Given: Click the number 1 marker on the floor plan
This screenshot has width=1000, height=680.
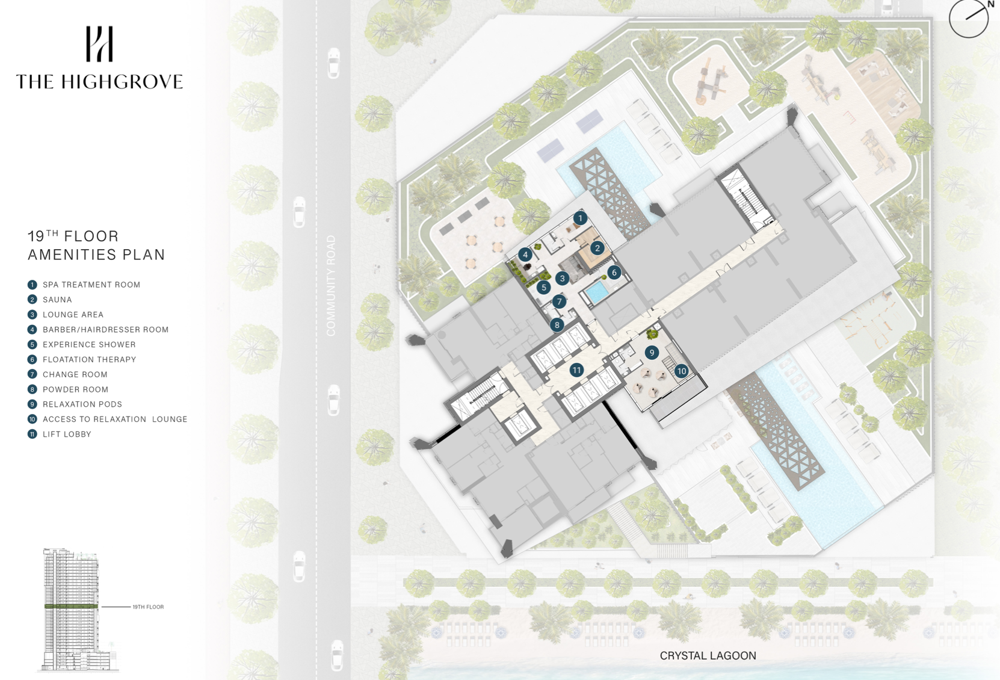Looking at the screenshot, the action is click(x=580, y=218).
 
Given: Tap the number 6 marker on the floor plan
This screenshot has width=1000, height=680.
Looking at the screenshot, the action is click(x=614, y=273).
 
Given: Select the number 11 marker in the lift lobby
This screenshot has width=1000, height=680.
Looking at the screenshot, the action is click(x=576, y=370).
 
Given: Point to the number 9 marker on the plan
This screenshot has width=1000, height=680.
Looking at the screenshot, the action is click(x=652, y=353).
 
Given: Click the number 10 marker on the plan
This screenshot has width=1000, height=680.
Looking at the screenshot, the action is click(x=681, y=371).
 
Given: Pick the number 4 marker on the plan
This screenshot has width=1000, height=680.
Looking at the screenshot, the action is click(x=525, y=255).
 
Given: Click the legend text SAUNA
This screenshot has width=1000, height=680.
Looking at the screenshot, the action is click(x=57, y=300).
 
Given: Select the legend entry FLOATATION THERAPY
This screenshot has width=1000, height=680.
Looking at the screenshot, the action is click(x=89, y=359).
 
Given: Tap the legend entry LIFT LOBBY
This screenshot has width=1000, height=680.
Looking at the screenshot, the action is click(x=67, y=434).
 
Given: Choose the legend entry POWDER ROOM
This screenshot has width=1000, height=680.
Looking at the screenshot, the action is click(x=75, y=389).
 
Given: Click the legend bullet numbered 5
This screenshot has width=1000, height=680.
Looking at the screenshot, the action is click(x=32, y=344).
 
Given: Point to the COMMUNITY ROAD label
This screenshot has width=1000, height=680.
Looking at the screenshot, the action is click(x=331, y=286).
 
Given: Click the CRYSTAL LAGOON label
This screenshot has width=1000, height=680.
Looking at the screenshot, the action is click(x=708, y=655).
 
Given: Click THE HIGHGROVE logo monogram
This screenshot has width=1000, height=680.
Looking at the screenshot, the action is click(x=99, y=44).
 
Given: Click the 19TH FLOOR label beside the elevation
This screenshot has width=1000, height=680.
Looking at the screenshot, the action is click(x=148, y=607).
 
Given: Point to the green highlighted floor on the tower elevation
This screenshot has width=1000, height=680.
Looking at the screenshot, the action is click(x=71, y=607).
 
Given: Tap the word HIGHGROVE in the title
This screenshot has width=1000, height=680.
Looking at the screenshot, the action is click(x=122, y=82).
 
